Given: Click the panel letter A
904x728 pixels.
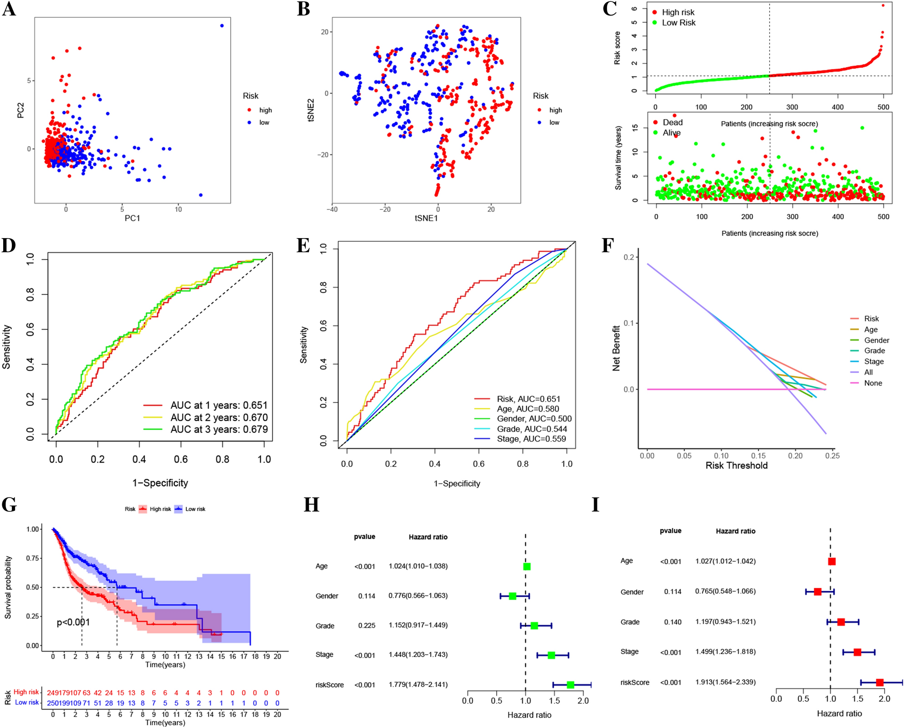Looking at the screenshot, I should point(9,9).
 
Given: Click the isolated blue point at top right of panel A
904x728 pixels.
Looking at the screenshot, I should point(222,25).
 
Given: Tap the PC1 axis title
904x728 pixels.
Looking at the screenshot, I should point(132,218).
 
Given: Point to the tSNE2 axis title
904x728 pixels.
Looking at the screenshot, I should point(311,110).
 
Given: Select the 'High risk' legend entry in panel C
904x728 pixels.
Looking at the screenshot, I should point(678,12).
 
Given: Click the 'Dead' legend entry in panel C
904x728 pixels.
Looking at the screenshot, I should point(672,122).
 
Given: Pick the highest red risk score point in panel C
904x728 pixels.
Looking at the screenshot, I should point(883,5).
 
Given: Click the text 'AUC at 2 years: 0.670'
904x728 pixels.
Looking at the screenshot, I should point(219,417).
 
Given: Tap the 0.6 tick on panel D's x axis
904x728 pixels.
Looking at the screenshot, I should point(180,459).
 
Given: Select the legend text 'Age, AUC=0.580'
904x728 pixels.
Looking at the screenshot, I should point(528,409).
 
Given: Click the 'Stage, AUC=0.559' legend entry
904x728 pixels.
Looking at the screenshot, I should point(531,439).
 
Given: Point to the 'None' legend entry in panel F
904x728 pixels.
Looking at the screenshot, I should point(873,383).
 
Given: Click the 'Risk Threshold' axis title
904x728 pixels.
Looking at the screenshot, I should point(736,465).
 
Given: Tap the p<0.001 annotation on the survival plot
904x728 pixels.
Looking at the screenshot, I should point(73,622).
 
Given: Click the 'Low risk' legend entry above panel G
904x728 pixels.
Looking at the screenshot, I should point(195,509).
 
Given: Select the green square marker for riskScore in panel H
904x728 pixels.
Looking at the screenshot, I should point(570,685).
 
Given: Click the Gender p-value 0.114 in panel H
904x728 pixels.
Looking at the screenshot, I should point(366,596).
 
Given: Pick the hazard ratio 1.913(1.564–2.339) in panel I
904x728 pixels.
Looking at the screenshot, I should point(725,682).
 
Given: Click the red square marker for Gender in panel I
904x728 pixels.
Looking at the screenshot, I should point(817,592).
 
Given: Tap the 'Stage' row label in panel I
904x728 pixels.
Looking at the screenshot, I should point(629,652).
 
